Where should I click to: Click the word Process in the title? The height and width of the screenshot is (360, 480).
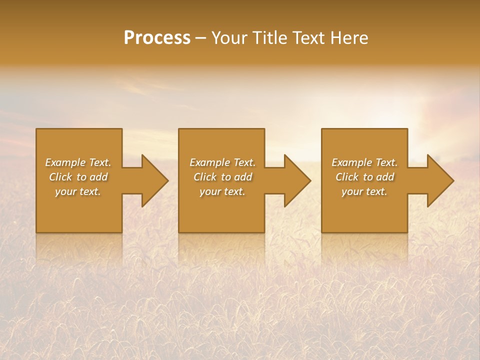tap(157, 38)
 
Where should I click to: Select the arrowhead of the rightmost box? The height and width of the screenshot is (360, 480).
tap(439, 180)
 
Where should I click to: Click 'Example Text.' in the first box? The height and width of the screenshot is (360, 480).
tap(78, 162)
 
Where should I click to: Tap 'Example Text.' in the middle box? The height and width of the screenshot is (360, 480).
tap(222, 162)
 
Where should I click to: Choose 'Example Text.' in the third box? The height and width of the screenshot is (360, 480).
tap(364, 162)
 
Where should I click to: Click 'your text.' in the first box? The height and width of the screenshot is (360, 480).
tap(78, 191)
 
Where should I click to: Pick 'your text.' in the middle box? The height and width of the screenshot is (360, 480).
tap(222, 191)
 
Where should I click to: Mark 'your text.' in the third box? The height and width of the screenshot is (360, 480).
tap(364, 191)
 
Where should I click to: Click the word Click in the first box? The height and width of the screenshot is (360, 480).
tap(61, 177)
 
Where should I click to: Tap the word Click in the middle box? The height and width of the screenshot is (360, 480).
tap(205, 177)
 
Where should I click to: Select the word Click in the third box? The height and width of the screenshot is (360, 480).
tap(347, 177)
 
